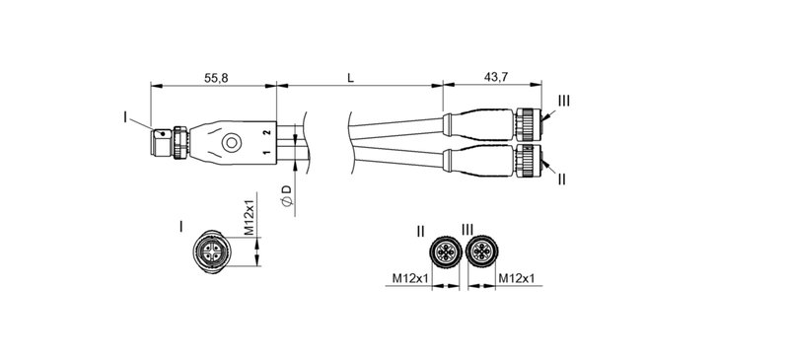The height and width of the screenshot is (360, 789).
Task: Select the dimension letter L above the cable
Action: click(352, 76)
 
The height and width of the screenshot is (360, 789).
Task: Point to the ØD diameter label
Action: click(286, 193)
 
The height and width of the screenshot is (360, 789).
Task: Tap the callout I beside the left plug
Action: click(125, 117)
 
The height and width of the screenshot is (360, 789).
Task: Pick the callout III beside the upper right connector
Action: click(563, 101)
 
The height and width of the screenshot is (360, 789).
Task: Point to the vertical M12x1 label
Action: click(251, 217)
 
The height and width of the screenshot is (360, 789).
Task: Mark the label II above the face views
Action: click(421, 231)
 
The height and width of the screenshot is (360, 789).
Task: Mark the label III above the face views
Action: click(468, 231)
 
